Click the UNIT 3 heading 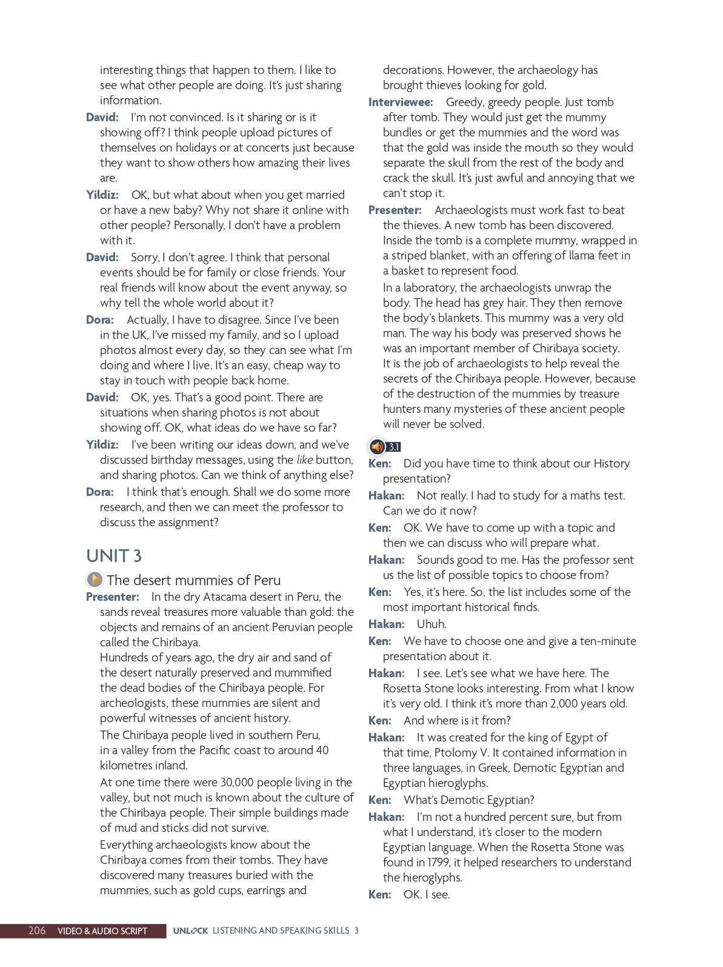[x=114, y=556]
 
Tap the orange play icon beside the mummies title [x=95, y=580]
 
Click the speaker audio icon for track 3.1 [x=378, y=447]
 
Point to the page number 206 [x=37, y=931]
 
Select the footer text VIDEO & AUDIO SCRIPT [x=102, y=931]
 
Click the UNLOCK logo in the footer [x=190, y=931]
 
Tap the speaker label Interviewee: [x=401, y=102]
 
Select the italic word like [x=305, y=460]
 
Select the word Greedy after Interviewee [x=464, y=102]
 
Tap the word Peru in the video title [x=267, y=580]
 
